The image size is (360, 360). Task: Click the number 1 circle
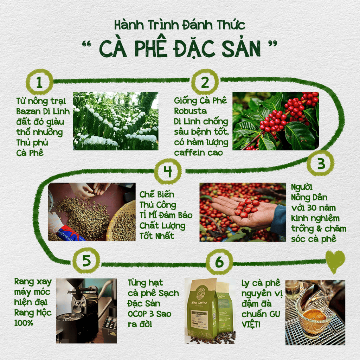pos(39,82)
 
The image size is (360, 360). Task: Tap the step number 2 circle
pos(205,82)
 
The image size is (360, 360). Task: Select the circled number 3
pos(321,163)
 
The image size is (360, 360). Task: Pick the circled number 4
pos(168,171)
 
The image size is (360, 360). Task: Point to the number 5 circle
pos(86,261)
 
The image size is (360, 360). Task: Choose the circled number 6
pos(219,262)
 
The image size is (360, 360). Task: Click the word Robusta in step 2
pos(190,111)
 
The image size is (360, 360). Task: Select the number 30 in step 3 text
pos(312,208)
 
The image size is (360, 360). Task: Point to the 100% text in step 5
pos(24,323)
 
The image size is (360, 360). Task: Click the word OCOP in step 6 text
pos(137,314)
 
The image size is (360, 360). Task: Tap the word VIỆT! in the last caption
pos(251,325)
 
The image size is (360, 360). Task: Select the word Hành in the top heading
pos(129,25)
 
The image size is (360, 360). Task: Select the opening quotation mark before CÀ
pos(87,44)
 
